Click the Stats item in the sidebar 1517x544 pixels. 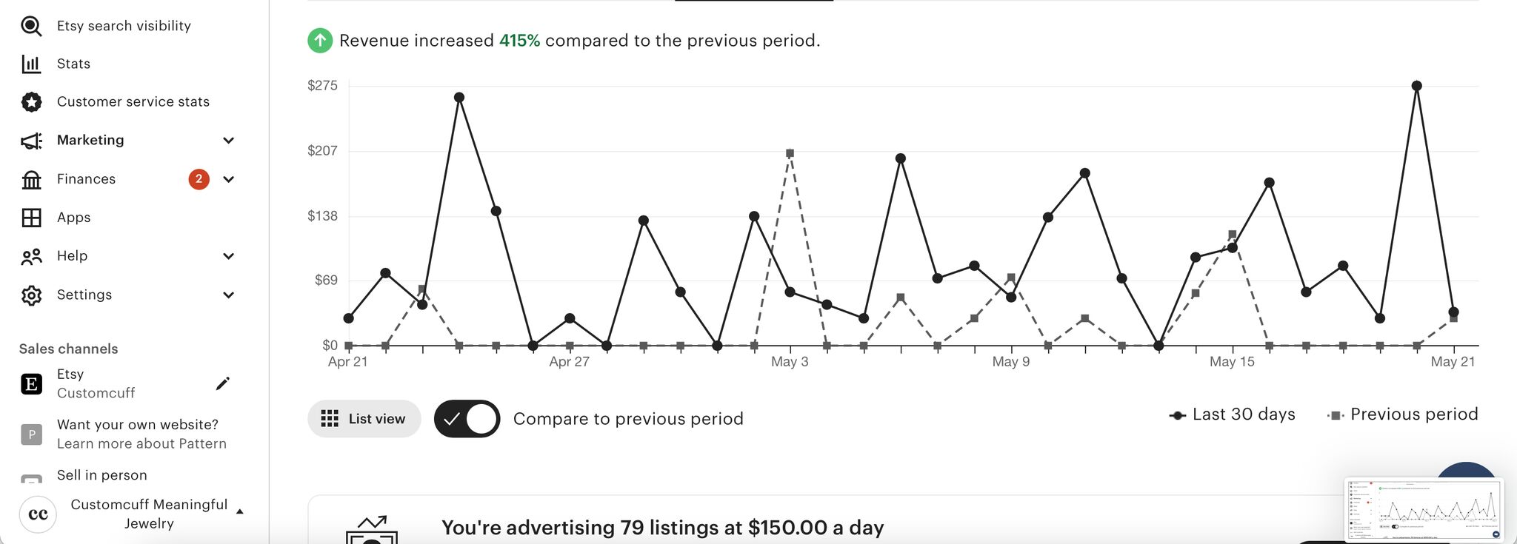click(73, 64)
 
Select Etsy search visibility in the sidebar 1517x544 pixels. click(124, 26)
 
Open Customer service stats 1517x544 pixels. click(133, 102)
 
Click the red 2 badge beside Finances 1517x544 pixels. click(199, 179)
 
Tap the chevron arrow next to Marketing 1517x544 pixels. click(229, 141)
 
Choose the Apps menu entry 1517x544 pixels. click(73, 218)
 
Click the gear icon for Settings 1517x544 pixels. click(32, 295)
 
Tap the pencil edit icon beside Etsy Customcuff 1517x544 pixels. click(222, 383)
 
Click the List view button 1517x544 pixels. click(364, 419)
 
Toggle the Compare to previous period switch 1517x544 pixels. click(467, 419)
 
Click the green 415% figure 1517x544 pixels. click(519, 41)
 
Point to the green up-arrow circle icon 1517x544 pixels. click(320, 41)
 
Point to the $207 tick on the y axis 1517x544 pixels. click(322, 151)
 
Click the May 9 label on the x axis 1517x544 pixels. click(1010, 362)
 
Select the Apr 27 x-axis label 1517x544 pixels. click(569, 362)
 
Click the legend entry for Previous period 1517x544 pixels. click(1403, 414)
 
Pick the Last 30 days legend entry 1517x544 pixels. click(1233, 414)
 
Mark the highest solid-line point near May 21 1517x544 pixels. click(1416, 86)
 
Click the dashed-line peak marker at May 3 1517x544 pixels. click(790, 154)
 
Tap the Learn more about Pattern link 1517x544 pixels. click(141, 444)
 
